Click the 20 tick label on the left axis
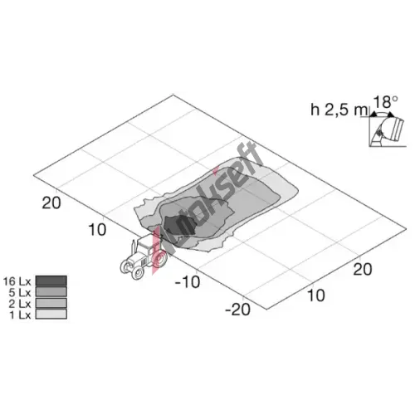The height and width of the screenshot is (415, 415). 51,203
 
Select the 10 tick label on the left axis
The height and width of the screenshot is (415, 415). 97,230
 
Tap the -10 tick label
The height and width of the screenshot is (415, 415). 188,282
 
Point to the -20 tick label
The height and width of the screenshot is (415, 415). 237,309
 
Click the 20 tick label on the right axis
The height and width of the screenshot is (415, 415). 363,269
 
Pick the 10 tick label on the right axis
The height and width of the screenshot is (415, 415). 316,295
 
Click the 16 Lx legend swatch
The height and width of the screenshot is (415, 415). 51,281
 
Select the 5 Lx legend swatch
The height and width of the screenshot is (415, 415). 51,291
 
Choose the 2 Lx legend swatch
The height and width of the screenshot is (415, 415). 51,303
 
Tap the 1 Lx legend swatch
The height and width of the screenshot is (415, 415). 51,314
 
